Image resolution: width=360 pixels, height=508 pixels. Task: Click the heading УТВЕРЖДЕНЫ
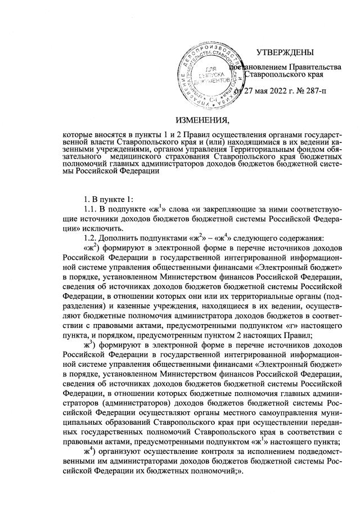click(284, 53)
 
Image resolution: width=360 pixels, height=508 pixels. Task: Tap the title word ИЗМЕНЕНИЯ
click(203, 120)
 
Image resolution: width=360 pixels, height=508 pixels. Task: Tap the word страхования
click(184, 165)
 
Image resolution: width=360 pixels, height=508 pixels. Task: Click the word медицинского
click(127, 165)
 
